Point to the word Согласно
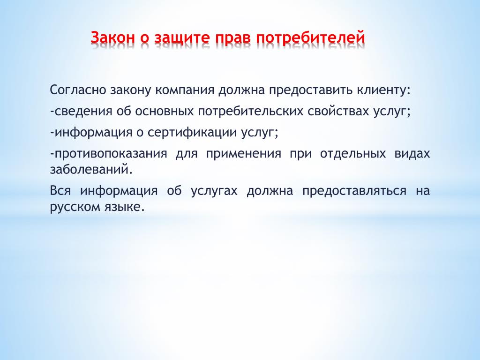pyautogui.click(x=78, y=90)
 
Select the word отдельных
pyautogui.click(x=353, y=154)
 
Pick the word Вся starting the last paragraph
pyautogui.click(x=60, y=191)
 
